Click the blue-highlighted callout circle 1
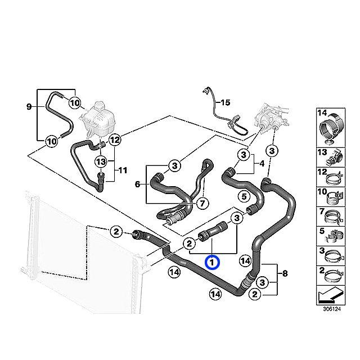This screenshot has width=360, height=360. tap(211, 263)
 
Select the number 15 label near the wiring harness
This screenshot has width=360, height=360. tap(225, 103)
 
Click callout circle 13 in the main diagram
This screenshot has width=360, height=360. tap(101, 161)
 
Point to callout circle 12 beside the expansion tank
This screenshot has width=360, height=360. tap(115, 139)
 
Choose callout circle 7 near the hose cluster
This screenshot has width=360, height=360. tap(200, 204)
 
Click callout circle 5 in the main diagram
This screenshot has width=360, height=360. tap(243, 197)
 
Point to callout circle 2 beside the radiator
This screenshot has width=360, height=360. tap(115, 231)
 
